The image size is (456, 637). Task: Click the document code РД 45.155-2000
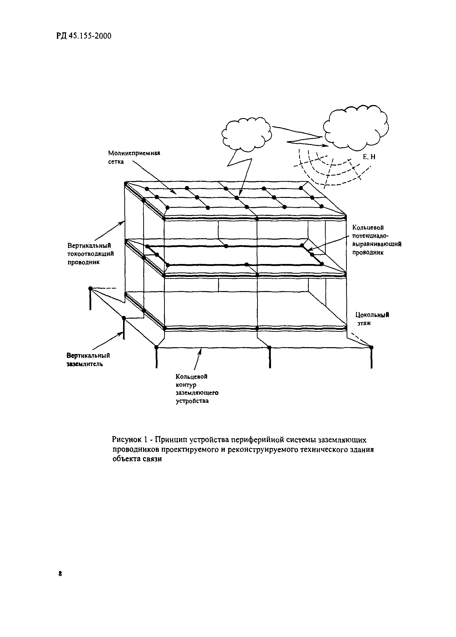pyautogui.click(x=84, y=36)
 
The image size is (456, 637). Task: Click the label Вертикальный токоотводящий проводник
pyautogui.click(x=91, y=254)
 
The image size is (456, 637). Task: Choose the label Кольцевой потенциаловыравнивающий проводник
pyautogui.click(x=376, y=240)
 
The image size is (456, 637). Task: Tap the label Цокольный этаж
pyautogui.click(x=372, y=319)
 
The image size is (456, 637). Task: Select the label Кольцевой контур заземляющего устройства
pyautogui.click(x=197, y=388)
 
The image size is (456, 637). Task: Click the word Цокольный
pyautogui.click(x=372, y=315)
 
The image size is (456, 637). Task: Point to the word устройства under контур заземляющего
pyautogui.click(x=192, y=401)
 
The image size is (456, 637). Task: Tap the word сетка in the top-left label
pyautogui.click(x=116, y=162)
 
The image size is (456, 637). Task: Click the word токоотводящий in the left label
pyautogui.click(x=91, y=254)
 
